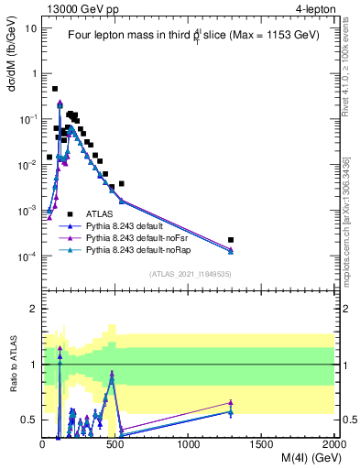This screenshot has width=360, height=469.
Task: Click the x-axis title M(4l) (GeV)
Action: tap(293, 459)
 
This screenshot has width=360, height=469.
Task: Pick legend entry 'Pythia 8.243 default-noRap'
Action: tap(144, 249)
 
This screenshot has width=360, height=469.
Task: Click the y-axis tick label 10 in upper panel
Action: tap(30, 27)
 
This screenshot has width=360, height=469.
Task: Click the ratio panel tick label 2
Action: tap(33, 309)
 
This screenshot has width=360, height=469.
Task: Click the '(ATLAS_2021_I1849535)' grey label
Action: tap(190, 273)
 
